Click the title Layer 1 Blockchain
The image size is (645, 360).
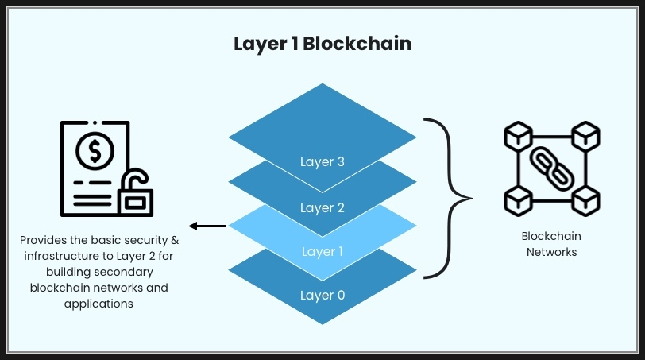click(322, 44)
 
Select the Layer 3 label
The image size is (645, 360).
click(322, 162)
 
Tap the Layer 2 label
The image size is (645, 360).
click(322, 208)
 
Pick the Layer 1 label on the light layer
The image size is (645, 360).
click(322, 252)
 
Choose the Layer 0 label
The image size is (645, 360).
click(322, 296)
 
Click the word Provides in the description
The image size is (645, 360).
click(44, 239)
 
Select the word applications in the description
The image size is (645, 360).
click(99, 303)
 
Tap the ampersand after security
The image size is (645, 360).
click(174, 239)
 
